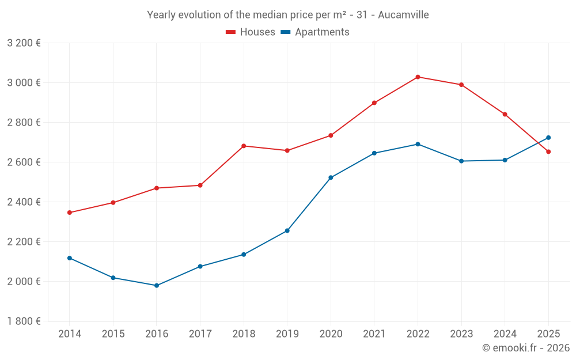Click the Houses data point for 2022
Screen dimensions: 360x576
click(x=418, y=77)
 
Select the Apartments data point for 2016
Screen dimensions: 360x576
click(x=157, y=286)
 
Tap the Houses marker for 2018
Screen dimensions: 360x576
click(x=244, y=146)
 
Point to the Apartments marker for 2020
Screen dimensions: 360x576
click(x=331, y=177)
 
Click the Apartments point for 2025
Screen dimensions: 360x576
click(x=548, y=138)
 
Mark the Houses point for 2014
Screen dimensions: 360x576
click(x=70, y=213)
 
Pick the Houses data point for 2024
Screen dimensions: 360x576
click(x=505, y=114)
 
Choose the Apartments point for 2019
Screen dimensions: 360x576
click(x=287, y=230)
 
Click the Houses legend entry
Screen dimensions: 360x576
click(x=251, y=32)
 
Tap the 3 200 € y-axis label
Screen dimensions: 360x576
click(x=24, y=43)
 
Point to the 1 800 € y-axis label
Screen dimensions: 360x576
click(x=24, y=321)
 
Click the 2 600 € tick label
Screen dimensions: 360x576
click(x=24, y=162)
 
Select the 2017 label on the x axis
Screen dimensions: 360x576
click(x=200, y=334)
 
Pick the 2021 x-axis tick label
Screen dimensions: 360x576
click(x=374, y=334)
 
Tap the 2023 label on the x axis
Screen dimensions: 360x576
click(x=461, y=334)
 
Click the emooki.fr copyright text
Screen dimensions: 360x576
click(x=525, y=348)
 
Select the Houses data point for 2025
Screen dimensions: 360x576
click(x=548, y=151)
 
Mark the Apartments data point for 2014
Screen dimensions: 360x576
click(x=70, y=258)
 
